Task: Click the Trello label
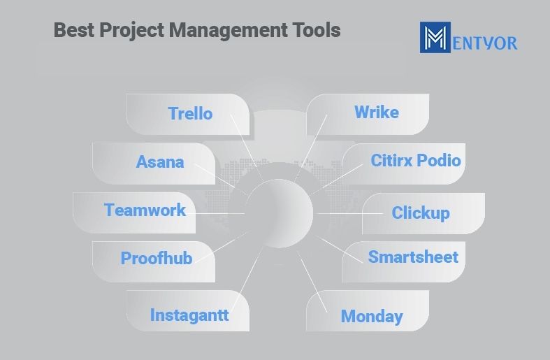(190, 113)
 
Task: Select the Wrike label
(377, 113)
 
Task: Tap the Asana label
(160, 161)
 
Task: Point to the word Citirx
(391, 160)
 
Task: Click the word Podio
(439, 160)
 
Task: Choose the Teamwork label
(145, 210)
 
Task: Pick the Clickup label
(421, 213)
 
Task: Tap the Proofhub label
(157, 258)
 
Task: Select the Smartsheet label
(413, 257)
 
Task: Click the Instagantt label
(189, 315)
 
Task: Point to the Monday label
(372, 316)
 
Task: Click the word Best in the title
(74, 30)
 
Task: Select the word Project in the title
(132, 31)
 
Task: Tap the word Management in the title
(229, 31)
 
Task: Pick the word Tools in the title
(317, 30)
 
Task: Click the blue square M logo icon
(435, 37)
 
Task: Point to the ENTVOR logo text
(485, 43)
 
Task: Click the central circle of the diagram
(280, 213)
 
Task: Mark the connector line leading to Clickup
(349, 213)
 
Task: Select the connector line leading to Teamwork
(220, 213)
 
